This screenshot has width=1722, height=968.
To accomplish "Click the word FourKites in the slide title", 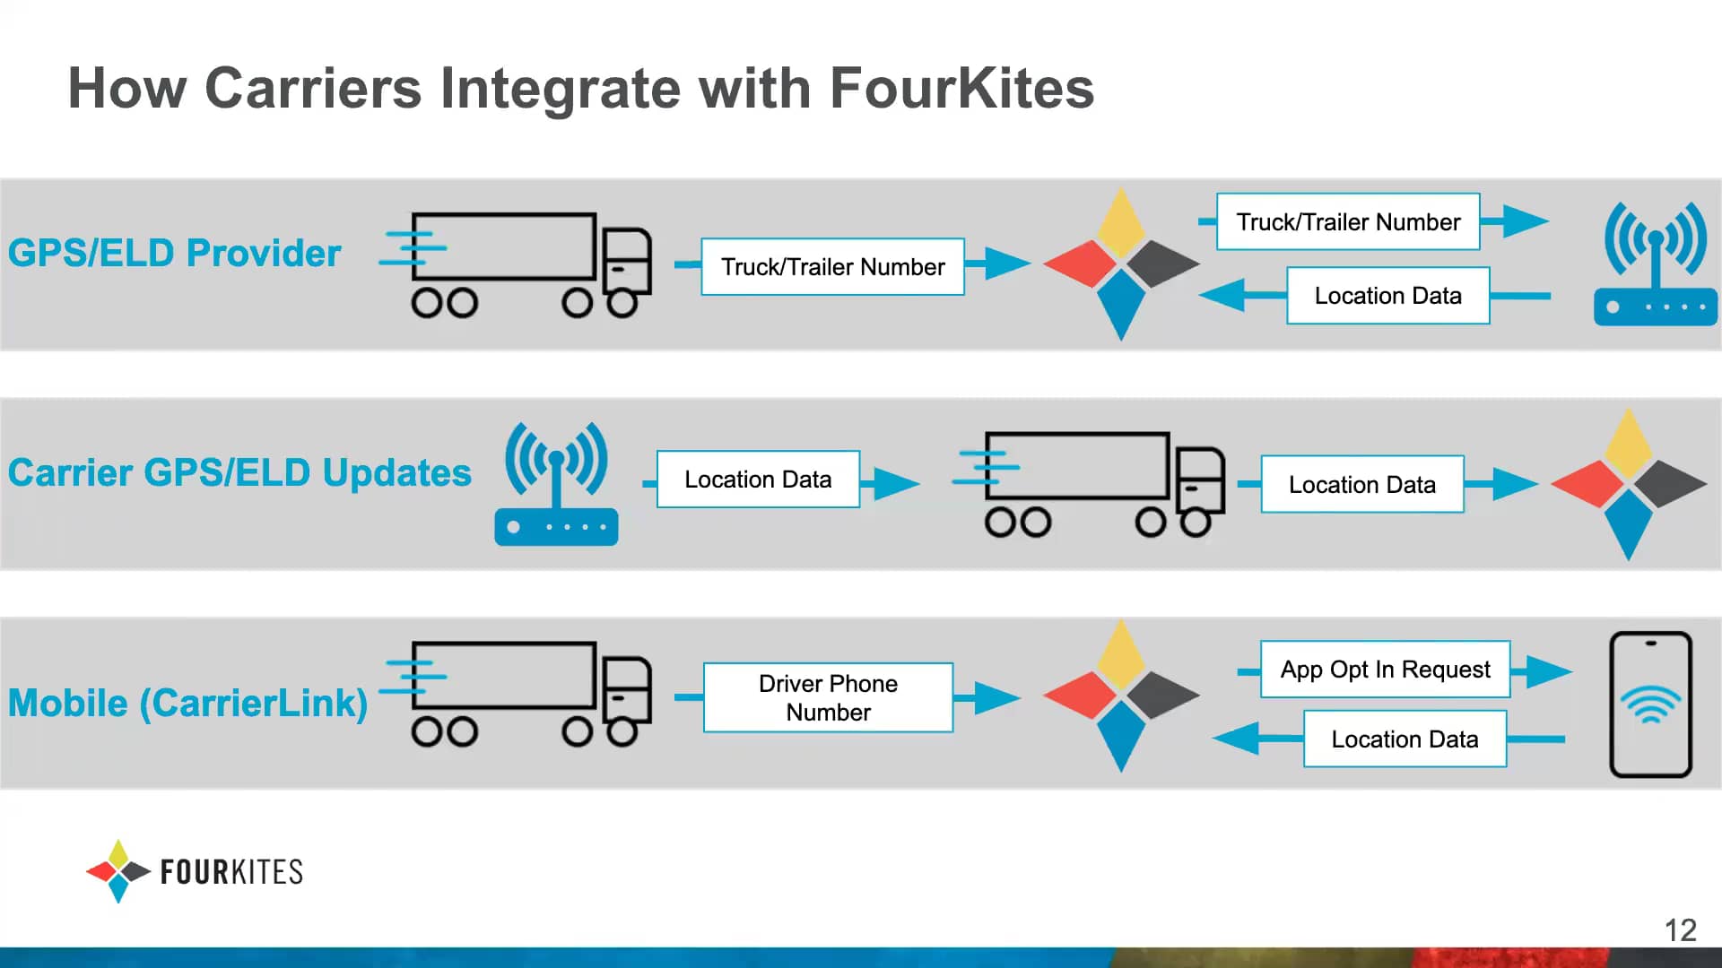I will coord(961,89).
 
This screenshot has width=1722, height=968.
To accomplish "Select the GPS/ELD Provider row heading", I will coord(175,254).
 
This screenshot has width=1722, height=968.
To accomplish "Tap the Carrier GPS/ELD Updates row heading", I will coord(239,473).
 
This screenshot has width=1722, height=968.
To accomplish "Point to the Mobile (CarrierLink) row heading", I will coord(188,704).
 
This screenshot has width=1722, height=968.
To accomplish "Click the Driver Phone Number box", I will coord(828,697).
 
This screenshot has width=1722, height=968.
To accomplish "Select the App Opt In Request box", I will coord(1385,670).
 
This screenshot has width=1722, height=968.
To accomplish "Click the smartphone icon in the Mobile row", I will coord(1650,704).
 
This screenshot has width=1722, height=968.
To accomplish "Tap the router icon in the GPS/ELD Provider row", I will coord(1656,264).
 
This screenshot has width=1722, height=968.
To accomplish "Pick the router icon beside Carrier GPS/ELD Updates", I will coord(556,485).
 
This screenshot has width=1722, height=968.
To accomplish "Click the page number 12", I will coord(1680,930).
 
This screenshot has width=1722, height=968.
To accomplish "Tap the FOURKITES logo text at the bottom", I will coord(231,872).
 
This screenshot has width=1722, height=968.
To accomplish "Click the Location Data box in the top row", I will coord(1387,296).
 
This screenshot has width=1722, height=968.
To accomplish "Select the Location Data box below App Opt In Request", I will coord(1405,739).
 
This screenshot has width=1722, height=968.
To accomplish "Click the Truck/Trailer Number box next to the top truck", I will coord(832,267).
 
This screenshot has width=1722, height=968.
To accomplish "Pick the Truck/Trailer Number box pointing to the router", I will coord(1348,222).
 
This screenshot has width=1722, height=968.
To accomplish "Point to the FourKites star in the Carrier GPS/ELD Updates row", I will coord(1628,485).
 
